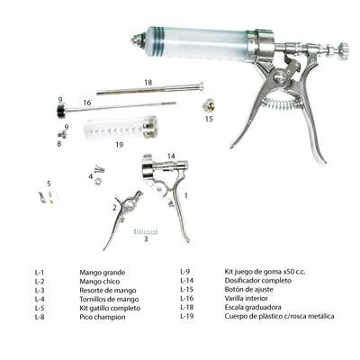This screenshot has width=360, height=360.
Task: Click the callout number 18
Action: (148, 83)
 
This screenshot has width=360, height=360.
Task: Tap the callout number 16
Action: (87, 103)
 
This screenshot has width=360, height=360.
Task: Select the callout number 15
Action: (209, 119)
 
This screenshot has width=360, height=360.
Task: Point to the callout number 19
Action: (120, 145)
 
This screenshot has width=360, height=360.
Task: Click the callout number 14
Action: (171, 156)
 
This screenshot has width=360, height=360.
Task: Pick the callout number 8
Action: (59, 144)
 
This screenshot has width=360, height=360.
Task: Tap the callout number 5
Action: (49, 184)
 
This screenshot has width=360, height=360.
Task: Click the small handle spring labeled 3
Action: (146, 231)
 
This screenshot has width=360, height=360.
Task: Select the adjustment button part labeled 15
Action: (209, 105)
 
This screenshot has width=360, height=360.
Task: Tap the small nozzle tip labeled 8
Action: (63, 134)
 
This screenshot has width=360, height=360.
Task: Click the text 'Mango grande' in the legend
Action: (103, 273)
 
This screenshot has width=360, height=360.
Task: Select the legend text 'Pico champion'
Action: (103, 317)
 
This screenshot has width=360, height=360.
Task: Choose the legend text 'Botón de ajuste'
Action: (249, 290)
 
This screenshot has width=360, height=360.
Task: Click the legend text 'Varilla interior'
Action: (247, 299)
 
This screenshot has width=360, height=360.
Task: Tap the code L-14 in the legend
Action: (187, 281)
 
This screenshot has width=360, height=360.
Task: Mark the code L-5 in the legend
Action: (40, 308)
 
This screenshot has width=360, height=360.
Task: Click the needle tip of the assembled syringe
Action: (132, 40)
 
